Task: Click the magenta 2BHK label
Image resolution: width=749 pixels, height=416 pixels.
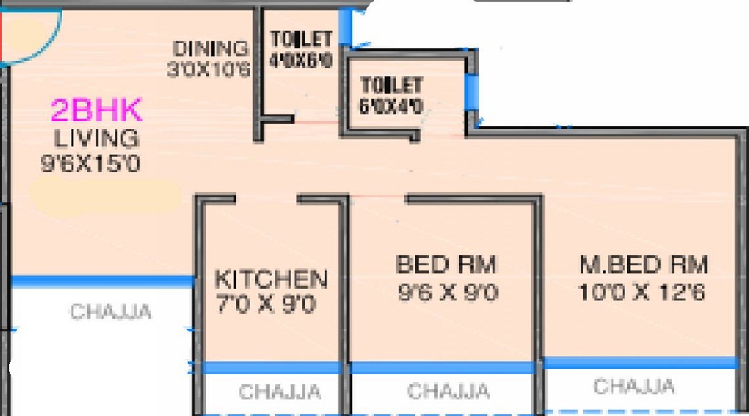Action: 97,110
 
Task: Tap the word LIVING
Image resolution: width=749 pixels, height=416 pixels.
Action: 97,139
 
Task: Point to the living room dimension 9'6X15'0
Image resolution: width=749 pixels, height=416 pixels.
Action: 91,164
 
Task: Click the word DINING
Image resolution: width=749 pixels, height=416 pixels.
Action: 211,48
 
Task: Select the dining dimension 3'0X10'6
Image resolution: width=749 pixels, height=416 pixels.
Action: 209,69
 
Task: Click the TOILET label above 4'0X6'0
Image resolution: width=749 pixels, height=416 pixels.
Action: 301,39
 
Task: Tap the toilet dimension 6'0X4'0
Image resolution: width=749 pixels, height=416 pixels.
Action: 391,106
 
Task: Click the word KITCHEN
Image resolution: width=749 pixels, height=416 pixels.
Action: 270,280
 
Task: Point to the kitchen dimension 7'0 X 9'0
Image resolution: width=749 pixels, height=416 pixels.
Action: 266,304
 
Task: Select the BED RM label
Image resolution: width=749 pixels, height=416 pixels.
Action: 446,265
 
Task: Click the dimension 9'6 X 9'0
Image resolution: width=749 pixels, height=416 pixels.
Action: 448,292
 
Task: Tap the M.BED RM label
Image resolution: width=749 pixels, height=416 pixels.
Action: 644,265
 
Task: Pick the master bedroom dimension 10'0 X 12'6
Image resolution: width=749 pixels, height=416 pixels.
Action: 642,292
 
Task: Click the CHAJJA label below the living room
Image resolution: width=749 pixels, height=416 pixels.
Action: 111,311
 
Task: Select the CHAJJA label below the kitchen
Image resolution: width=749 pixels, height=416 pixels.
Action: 280,392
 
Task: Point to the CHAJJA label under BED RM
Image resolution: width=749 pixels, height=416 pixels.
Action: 449,391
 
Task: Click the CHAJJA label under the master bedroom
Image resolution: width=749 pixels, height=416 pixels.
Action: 634,386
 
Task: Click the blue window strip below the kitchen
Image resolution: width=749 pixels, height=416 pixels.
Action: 270,367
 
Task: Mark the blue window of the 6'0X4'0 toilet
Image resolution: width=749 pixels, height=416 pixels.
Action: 472,92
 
